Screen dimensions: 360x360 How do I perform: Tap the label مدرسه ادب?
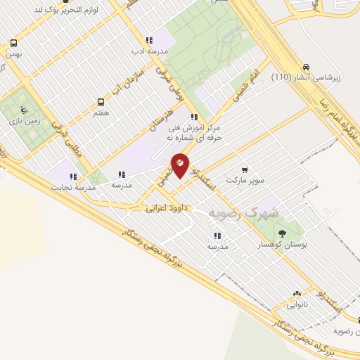[x=148, y=51]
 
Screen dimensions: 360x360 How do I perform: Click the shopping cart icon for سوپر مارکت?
[x=245, y=169]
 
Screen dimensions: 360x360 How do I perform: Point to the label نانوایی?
[x=296, y=305]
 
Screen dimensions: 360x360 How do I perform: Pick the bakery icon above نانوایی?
[x=296, y=294]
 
